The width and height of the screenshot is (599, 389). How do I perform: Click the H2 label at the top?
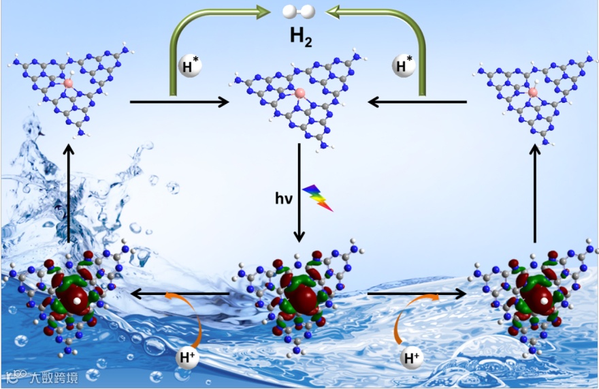301,35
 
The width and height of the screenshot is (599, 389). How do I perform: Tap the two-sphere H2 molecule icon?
300,11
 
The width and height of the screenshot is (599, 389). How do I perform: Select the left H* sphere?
189,66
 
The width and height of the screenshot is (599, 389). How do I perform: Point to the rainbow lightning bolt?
318,197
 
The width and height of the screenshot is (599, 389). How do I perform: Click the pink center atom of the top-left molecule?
68,82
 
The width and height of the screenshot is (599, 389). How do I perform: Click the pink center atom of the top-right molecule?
533,92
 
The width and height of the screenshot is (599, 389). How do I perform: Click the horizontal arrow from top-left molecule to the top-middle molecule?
179,102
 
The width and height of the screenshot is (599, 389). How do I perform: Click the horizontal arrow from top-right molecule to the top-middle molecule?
417,102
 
